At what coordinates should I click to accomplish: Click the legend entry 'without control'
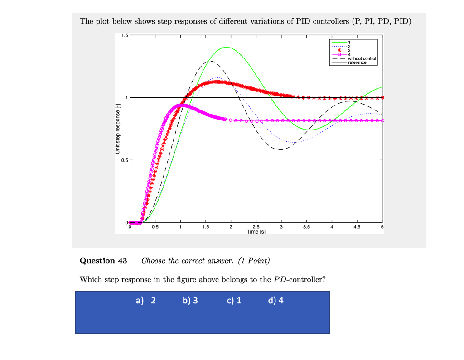coord(362,59)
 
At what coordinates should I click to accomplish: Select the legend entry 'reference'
coord(357,62)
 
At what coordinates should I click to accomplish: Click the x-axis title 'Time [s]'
coord(256,231)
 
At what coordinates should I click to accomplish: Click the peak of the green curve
coord(225,47)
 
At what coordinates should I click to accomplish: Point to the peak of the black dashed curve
coord(209,61)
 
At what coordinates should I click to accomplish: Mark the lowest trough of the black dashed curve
coord(280,149)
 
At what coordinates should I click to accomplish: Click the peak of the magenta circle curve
coord(181,105)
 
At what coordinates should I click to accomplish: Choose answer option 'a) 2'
coord(145,300)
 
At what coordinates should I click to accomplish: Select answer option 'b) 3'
coord(190,300)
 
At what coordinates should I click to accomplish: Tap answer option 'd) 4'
coord(275,300)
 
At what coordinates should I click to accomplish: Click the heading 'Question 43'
coord(103,260)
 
